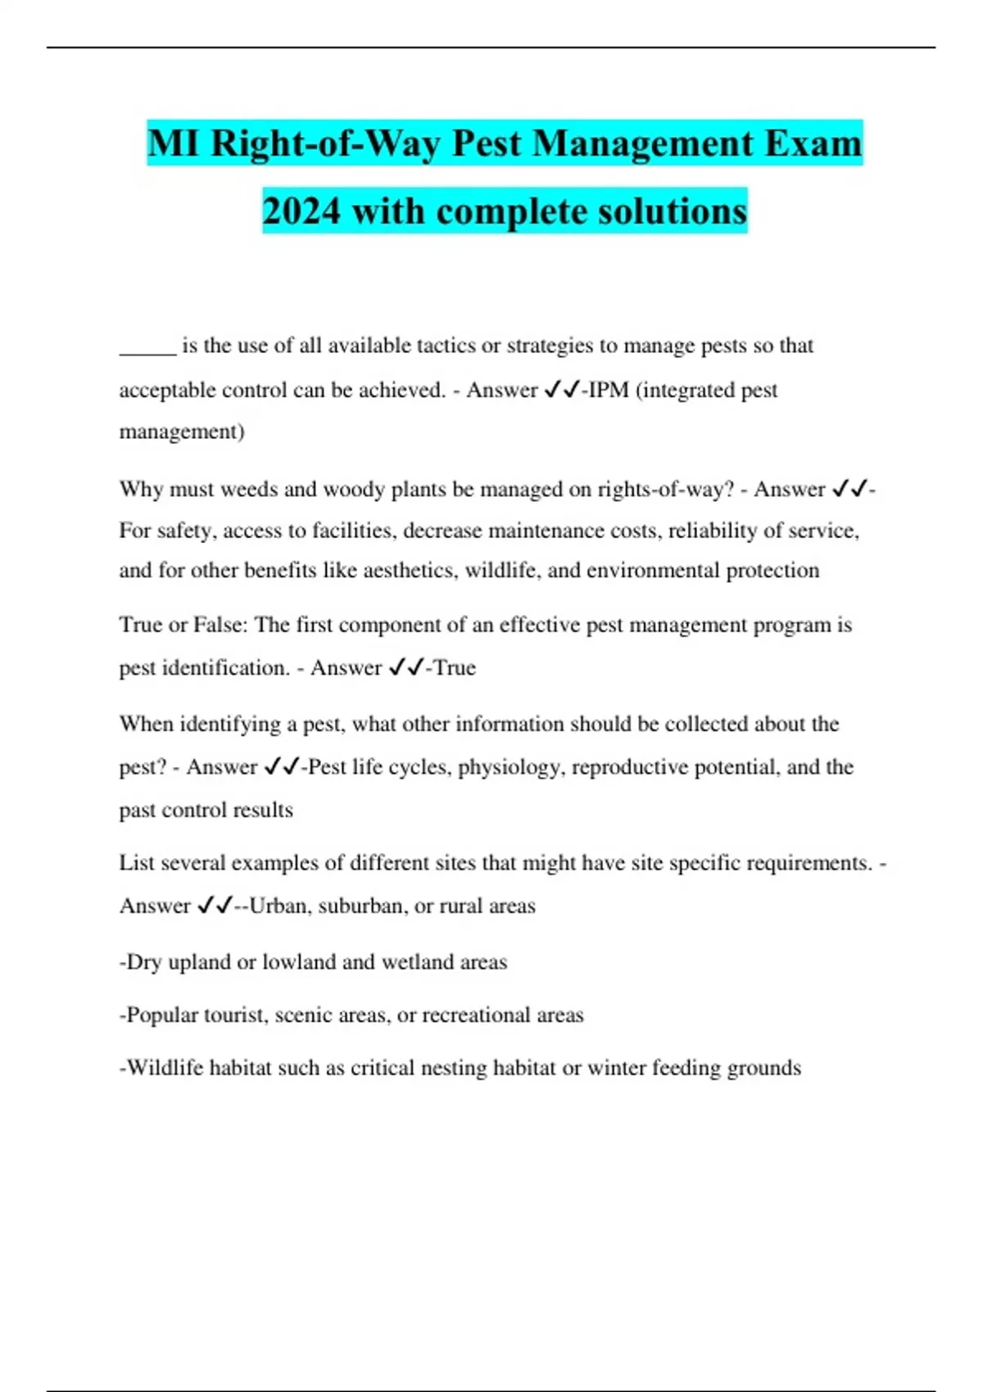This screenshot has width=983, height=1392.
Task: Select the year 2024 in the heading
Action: click(301, 211)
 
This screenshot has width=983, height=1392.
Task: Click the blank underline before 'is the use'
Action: click(147, 348)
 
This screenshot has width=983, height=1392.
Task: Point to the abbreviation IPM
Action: click(609, 390)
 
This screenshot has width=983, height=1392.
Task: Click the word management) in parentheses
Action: click(182, 432)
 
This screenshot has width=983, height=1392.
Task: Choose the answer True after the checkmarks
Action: click(455, 668)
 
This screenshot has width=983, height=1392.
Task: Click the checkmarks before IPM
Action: click(561, 390)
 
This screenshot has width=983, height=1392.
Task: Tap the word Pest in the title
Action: click(487, 144)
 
